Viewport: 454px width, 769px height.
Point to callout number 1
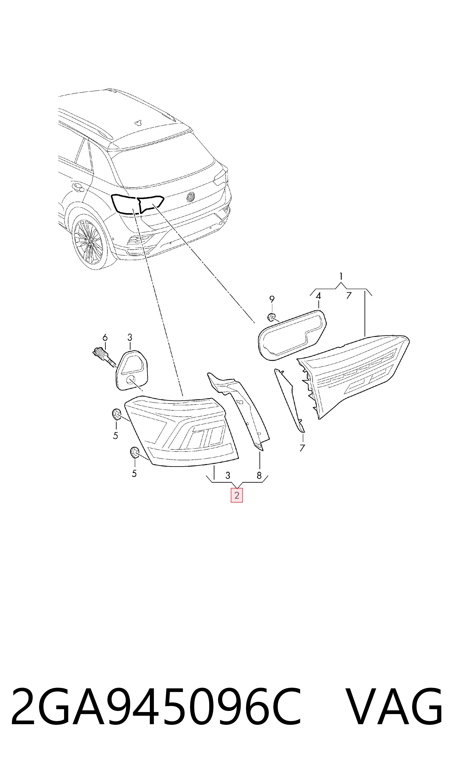pos(341,277)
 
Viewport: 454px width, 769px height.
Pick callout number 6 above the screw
pos(105,337)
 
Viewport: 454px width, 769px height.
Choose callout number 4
pos(318,296)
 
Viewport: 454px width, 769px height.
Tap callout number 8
pos(259,475)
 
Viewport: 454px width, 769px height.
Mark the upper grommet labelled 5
pos(116,414)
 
